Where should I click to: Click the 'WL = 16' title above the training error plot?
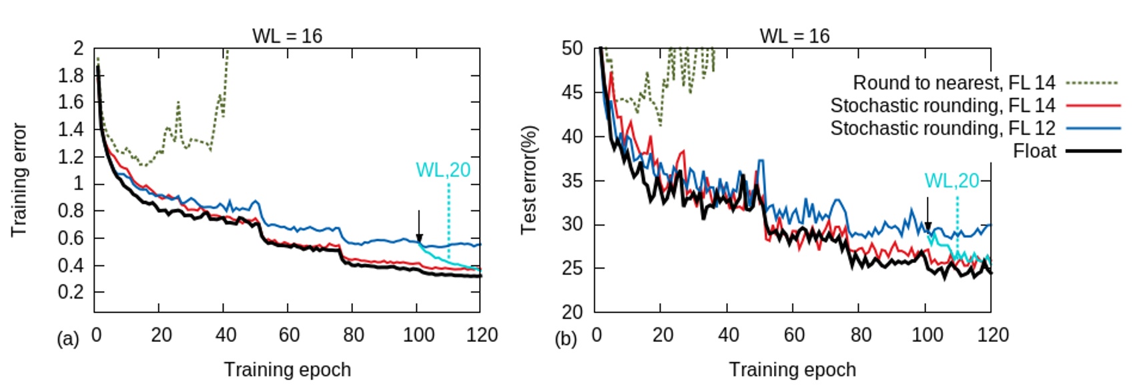coord(287,35)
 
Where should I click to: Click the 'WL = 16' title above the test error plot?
coord(794,35)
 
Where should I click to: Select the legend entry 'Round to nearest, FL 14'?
coord(954,83)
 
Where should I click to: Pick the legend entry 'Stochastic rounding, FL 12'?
coord(942,128)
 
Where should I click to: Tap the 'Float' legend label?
coord(1034,151)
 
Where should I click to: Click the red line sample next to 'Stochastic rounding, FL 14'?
coord(1093,106)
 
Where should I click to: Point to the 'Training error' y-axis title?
coord(19,180)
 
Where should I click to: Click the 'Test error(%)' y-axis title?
coord(529,180)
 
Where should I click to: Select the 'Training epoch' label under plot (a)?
coord(287,369)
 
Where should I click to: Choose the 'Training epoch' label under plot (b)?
coord(792,369)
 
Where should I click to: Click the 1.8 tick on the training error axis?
coord(71,75)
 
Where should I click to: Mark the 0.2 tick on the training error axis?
coord(71,293)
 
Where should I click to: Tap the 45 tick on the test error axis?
coord(572,92)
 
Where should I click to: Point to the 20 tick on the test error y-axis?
coord(572,312)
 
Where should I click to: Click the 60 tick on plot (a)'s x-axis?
coord(288,335)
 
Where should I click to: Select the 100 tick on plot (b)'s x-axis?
coord(926,335)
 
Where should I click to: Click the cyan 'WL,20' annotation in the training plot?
coord(443,170)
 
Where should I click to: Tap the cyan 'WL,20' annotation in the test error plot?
coord(952,180)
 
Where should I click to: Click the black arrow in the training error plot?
coord(419,227)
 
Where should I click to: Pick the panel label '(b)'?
coord(565,339)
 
